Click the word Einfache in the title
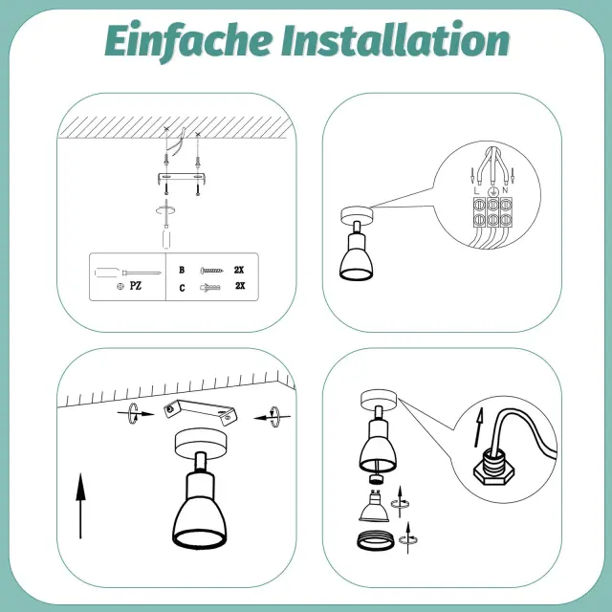188,40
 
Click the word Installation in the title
396,39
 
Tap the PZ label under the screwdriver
136,286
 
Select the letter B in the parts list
182,270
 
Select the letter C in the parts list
182,288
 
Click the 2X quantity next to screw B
239,270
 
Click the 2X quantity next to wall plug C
240,286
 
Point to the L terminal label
476,191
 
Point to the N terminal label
505,190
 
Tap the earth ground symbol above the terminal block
493,191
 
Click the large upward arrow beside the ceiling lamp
80,506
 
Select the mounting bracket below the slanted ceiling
201,412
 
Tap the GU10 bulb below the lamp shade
374,506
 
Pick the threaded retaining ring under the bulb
376,539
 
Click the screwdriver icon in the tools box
127,273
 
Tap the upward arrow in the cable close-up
478,427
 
